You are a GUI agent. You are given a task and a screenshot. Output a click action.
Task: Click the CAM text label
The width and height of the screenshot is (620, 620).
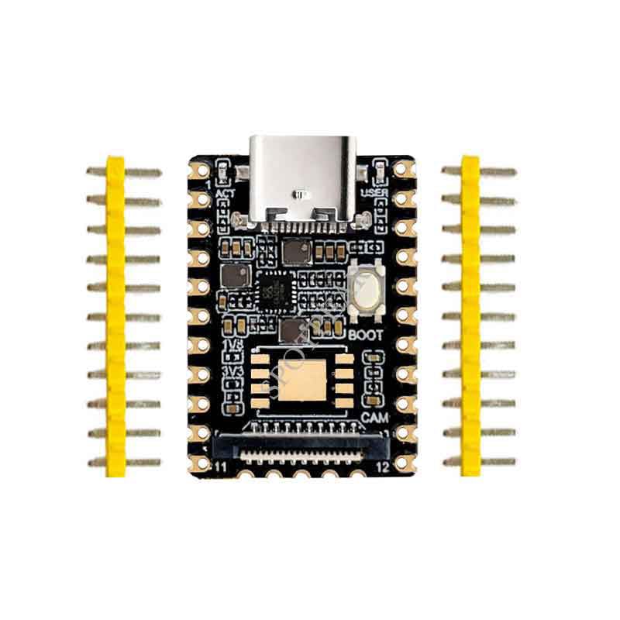coord(375,418)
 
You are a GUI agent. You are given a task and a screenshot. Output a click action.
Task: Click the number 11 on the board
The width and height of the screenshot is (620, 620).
coord(219,468)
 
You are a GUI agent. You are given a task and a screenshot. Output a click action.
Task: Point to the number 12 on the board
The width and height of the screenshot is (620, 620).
coord(381,468)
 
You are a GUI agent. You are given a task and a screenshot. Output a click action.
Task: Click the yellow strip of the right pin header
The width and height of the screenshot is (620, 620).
coord(470,316)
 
